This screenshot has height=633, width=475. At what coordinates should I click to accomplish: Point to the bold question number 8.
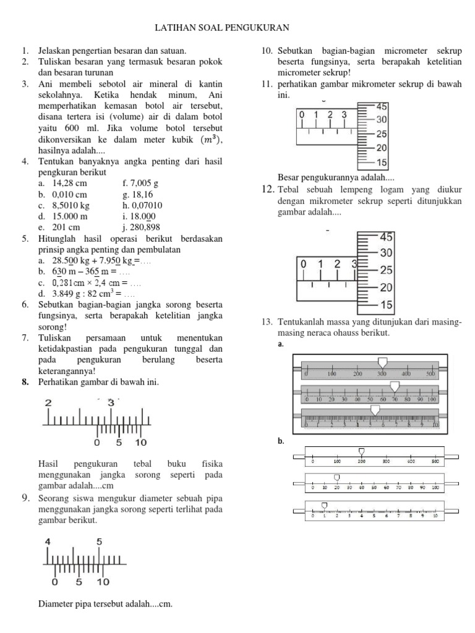click(x=25, y=382)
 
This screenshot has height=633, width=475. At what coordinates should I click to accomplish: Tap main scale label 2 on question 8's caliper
click(x=48, y=402)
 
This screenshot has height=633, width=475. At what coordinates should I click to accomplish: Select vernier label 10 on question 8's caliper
click(x=140, y=443)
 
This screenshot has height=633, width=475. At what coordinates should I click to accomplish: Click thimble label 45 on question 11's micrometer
click(x=382, y=106)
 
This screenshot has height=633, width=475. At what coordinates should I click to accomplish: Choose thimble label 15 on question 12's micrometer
click(x=387, y=304)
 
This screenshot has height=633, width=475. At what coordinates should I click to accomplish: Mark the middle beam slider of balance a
click(x=395, y=386)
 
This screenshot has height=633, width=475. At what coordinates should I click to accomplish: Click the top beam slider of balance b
click(x=362, y=452)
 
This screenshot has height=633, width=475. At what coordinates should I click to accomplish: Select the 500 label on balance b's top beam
click(x=435, y=461)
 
